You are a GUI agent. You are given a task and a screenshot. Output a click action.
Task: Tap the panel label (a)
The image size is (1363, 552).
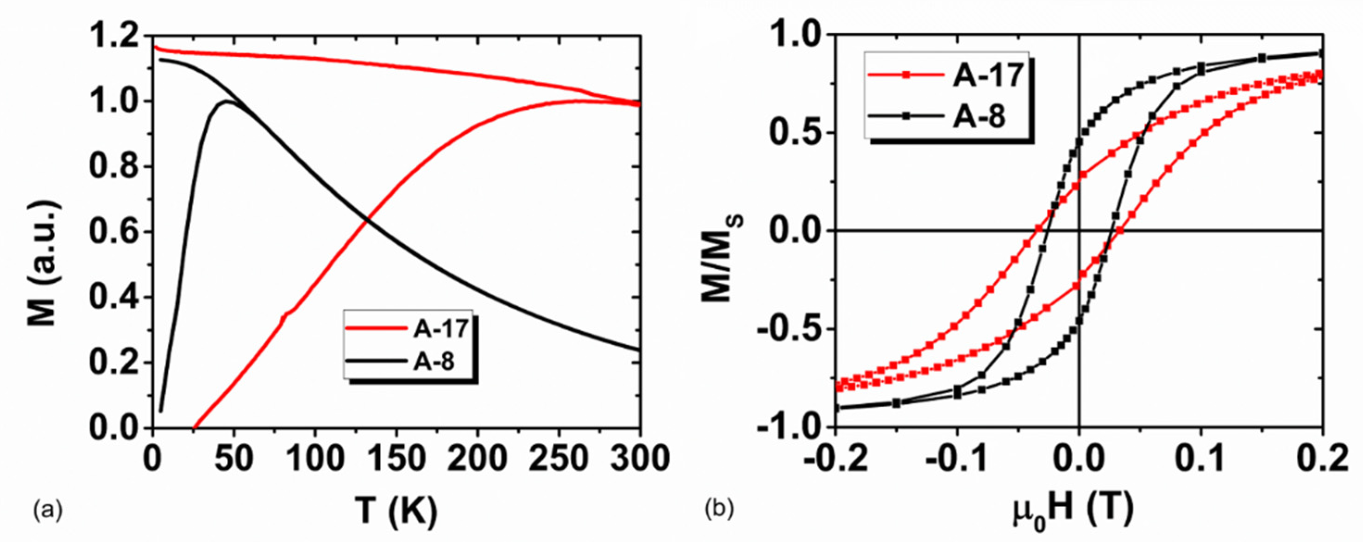coord(48,511)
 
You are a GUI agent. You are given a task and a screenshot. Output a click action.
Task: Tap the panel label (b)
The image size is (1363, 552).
coord(720,511)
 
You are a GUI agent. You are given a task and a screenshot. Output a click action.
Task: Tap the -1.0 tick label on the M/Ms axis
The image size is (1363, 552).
coord(788,427)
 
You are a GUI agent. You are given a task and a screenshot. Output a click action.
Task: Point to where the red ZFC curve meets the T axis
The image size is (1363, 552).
coord(194,427)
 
